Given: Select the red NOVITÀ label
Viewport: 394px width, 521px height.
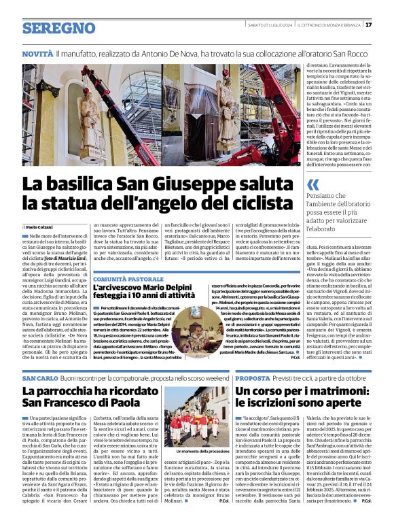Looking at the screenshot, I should click(x=37, y=52).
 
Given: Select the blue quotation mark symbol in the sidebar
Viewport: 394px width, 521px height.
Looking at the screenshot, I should click(x=312, y=184).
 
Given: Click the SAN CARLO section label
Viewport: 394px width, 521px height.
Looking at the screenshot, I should click(x=39, y=377).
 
